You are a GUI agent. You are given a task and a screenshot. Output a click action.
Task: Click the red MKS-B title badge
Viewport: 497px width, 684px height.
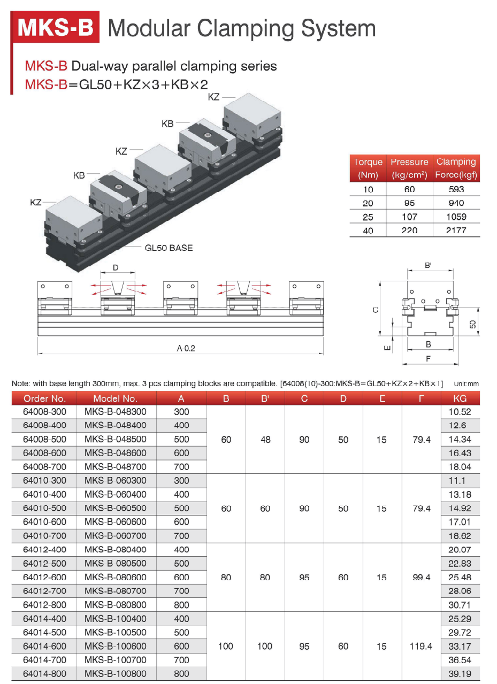(x=55, y=27)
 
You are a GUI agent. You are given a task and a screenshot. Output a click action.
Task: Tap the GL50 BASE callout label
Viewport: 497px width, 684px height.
(x=169, y=248)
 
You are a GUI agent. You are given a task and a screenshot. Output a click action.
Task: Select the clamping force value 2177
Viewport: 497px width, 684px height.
(x=456, y=230)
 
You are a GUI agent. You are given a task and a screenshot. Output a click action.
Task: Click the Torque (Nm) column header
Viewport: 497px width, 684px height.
(x=368, y=168)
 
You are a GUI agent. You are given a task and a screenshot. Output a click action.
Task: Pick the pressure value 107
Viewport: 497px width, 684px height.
(x=409, y=217)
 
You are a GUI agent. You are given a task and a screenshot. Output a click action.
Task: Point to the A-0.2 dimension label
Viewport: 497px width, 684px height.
(x=186, y=348)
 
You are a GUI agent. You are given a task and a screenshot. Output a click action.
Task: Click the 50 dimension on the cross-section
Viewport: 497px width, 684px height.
(x=472, y=324)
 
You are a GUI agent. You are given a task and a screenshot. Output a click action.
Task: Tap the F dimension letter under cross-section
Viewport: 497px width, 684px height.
(x=429, y=358)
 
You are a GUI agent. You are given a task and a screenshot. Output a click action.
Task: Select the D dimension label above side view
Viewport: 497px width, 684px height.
(x=116, y=267)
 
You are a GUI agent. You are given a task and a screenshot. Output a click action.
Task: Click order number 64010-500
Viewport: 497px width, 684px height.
(x=44, y=508)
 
